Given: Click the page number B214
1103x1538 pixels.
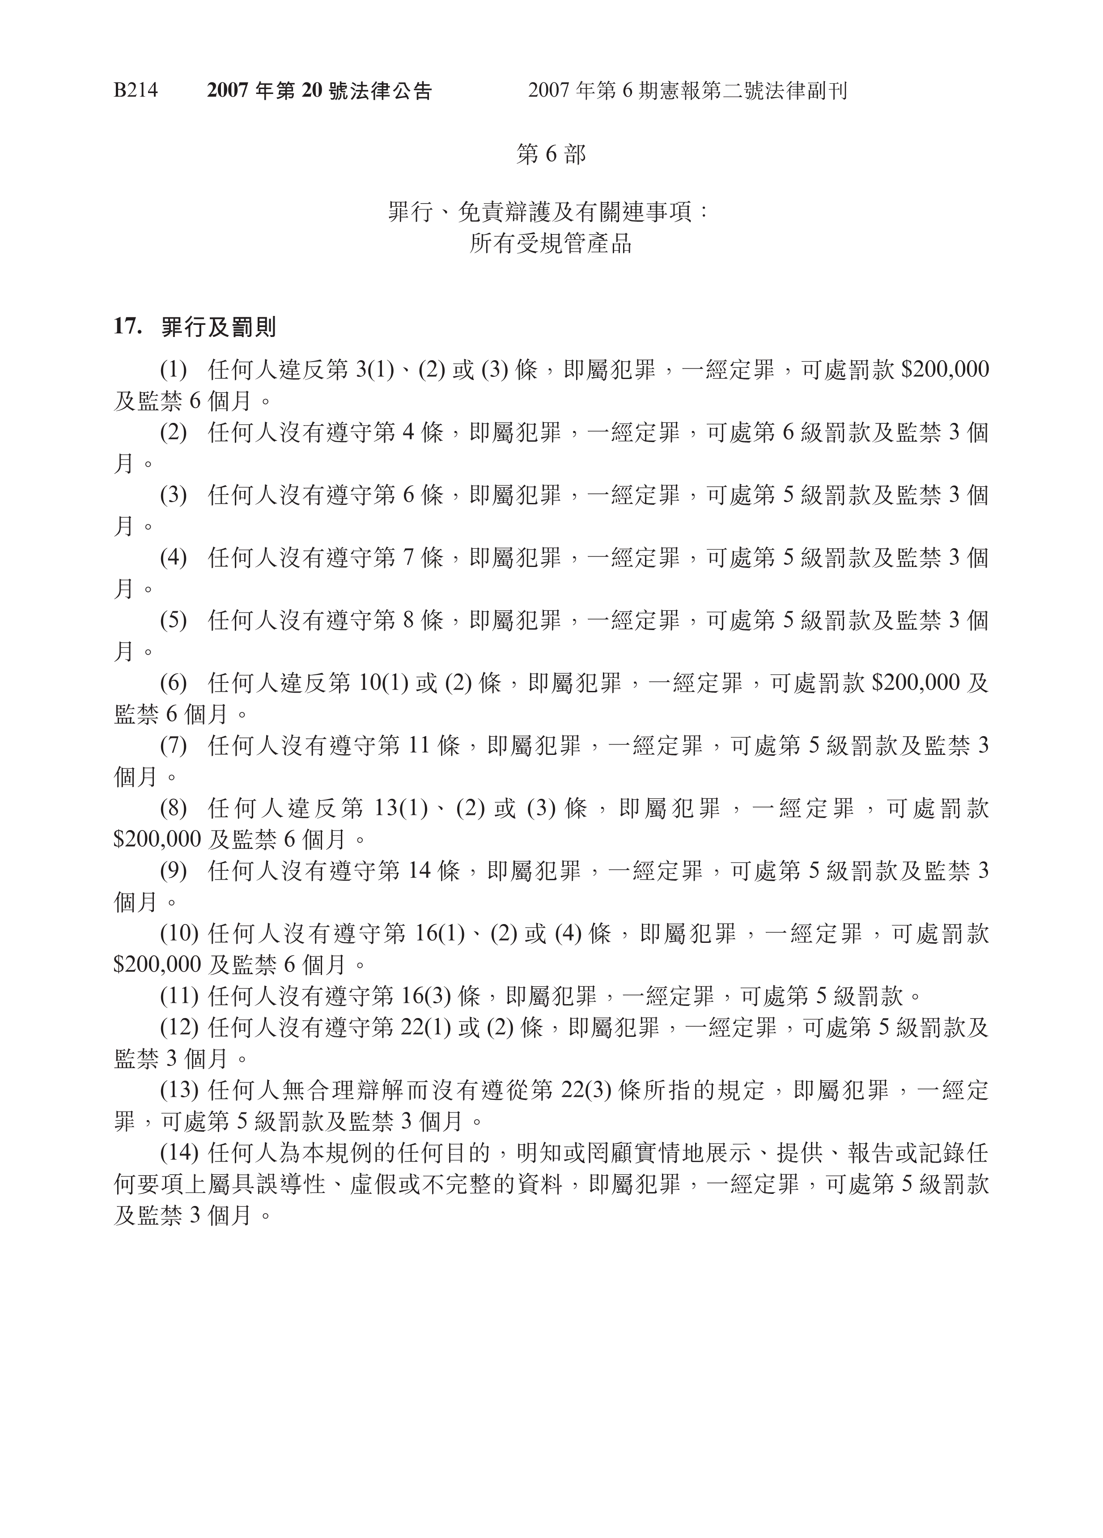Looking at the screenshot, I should tap(135, 91).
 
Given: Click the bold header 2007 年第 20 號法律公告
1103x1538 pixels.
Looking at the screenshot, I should tap(319, 91).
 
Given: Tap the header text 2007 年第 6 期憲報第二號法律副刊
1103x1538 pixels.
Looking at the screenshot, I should tap(687, 91).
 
